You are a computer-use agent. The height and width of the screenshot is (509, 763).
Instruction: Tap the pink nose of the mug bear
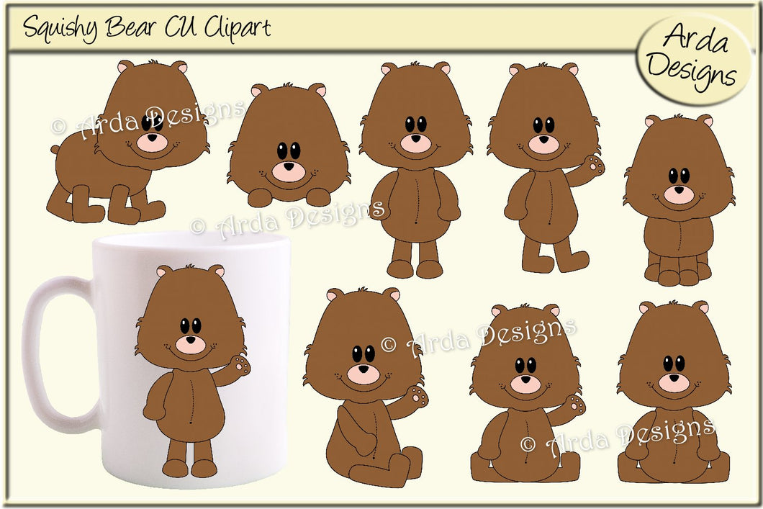[191, 344]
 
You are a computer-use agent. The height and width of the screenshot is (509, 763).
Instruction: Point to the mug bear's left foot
[174, 467]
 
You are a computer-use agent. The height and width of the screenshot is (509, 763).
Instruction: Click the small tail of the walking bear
[55, 150]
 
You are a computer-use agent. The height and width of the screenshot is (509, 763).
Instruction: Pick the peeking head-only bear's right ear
[317, 90]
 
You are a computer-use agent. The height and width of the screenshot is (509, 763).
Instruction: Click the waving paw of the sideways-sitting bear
[417, 395]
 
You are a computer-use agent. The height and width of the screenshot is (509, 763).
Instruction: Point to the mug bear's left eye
[185, 326]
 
